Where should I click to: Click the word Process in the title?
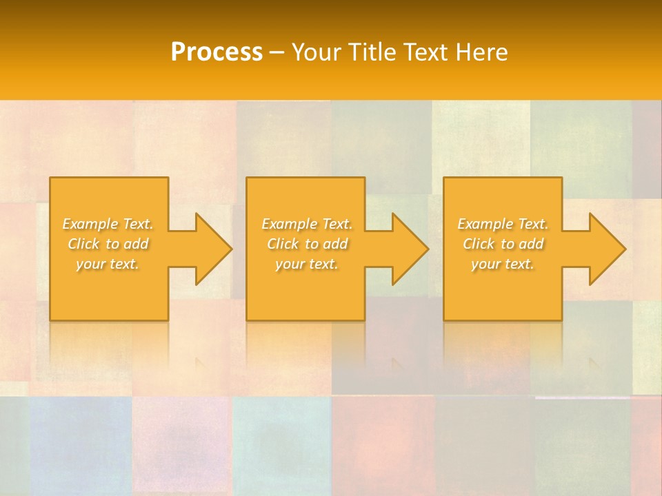coord(217,52)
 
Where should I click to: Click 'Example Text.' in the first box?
coord(108,224)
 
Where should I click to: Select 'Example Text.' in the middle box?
coord(307,224)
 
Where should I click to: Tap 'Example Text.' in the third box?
coord(503,224)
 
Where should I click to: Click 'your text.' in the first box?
coord(108,264)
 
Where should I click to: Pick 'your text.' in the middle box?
coord(307,264)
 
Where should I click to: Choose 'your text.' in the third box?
coord(503,264)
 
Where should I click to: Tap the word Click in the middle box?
coord(283,244)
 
